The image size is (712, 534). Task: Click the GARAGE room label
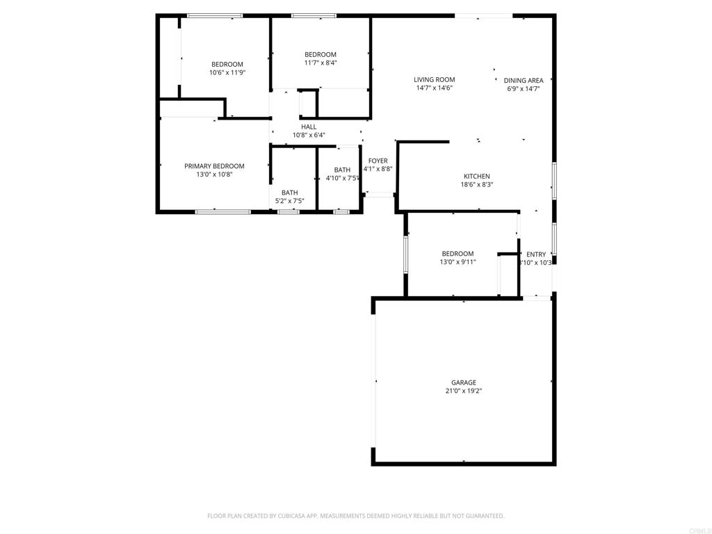click(463, 382)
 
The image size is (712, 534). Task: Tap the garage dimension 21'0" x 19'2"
click(463, 391)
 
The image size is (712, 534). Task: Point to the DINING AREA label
click(524, 81)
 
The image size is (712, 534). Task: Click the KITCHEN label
click(477, 177)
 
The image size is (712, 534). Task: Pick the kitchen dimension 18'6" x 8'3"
click(477, 185)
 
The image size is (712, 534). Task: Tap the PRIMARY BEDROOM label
click(214, 166)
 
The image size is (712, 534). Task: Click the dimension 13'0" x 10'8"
click(214, 175)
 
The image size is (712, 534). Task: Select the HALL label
click(309, 127)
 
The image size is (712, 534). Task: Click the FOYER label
click(378, 161)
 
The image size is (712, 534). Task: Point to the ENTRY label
click(536, 254)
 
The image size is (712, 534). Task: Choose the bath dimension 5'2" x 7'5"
click(290, 201)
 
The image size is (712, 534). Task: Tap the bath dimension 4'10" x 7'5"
click(342, 179)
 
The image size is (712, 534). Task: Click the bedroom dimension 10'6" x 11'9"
click(227, 72)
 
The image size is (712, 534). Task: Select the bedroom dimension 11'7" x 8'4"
click(320, 63)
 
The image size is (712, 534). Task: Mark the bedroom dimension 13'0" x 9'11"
click(458, 262)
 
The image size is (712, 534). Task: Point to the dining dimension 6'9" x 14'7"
click(524, 89)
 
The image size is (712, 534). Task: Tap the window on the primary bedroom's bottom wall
click(222, 211)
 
